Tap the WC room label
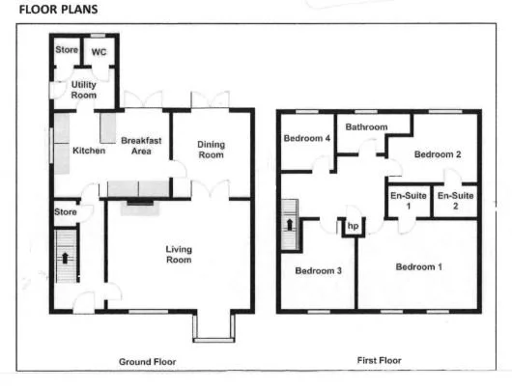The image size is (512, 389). point(99,52)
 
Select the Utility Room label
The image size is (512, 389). point(84,91)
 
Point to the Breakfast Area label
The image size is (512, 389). point(139,146)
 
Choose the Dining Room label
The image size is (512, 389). point(211,150)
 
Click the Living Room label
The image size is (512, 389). point(179,255)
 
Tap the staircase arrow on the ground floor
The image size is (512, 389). point(65,258)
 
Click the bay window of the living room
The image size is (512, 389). point(213,328)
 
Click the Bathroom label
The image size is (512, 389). point(367,126)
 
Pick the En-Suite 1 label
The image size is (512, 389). point(407,201)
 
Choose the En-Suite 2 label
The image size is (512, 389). point(453,201)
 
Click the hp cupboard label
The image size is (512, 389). point(353,228)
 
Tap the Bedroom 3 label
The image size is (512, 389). point(319,270)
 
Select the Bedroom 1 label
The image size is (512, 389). point(418,266)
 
